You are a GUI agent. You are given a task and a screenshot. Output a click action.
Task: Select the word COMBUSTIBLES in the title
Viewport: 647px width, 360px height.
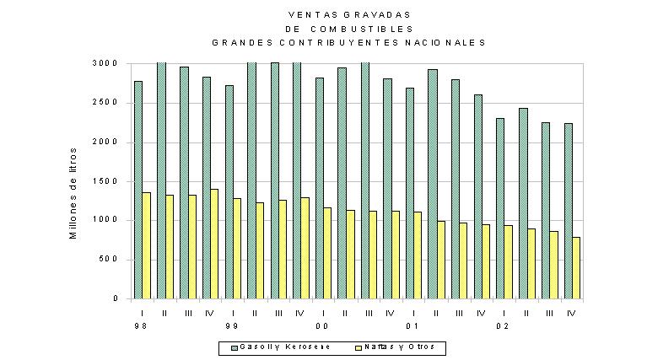(362, 29)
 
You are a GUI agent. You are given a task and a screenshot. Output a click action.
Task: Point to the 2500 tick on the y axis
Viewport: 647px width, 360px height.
(105, 102)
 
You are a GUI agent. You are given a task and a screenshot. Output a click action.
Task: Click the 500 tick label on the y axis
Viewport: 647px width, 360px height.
(109, 260)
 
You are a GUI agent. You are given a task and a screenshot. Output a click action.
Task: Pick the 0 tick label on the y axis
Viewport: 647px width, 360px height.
(116, 298)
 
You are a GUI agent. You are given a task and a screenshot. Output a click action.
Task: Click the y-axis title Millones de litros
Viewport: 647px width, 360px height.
(73, 193)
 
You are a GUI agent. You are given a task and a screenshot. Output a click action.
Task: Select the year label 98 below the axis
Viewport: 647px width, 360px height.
(141, 326)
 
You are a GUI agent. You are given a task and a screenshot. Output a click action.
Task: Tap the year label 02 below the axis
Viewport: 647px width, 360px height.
(503, 326)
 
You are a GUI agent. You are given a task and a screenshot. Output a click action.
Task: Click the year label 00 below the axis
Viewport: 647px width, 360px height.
(322, 326)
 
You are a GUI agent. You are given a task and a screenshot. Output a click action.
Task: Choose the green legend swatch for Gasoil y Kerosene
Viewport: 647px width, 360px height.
(235, 347)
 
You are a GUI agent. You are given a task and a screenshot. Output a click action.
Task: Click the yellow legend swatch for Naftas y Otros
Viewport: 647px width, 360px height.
(358, 347)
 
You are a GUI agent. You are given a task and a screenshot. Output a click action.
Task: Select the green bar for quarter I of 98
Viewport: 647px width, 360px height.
(138, 190)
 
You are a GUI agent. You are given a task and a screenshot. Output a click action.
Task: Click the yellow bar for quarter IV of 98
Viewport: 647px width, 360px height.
(214, 244)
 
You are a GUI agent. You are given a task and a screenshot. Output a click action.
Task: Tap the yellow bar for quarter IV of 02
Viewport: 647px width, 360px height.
(576, 268)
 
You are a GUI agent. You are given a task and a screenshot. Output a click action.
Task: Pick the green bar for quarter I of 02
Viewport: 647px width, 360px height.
(500, 208)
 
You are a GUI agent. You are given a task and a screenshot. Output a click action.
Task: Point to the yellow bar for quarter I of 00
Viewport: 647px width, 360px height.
(327, 253)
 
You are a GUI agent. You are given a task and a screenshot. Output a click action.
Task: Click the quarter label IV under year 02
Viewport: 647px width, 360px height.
(571, 314)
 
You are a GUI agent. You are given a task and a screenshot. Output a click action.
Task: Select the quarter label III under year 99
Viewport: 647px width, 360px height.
(278, 314)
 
